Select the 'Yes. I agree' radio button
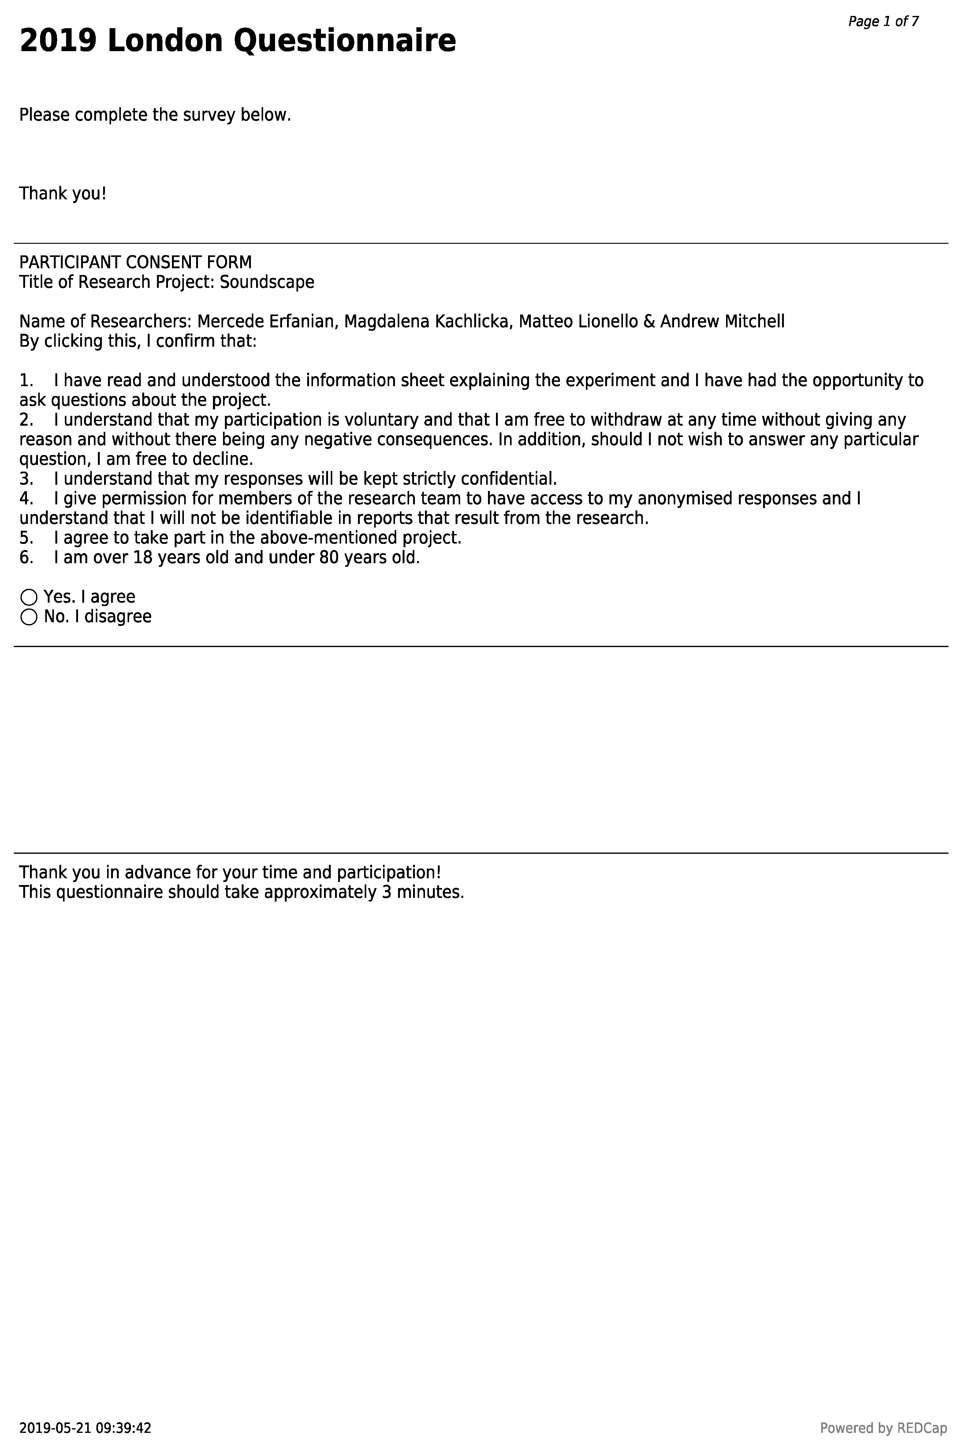29,597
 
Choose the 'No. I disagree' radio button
29,617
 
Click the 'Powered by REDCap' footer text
883,1428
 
